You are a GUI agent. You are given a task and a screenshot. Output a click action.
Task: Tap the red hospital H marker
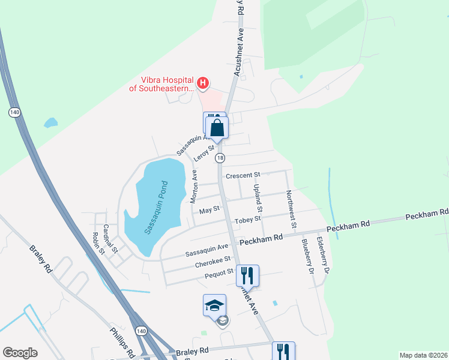pos(203,82)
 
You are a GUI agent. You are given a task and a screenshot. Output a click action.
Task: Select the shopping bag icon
pos(217,127)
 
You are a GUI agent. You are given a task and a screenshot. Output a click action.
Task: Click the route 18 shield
pos(221,158)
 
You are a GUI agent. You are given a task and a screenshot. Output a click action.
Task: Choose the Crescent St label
pos(242,175)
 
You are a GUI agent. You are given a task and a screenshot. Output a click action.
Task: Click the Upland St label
pos(258,199)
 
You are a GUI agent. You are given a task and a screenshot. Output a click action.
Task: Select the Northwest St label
pos(291,209)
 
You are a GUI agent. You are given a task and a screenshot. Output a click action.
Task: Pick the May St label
pos(208,209)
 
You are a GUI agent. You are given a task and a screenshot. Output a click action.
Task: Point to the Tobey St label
pos(247,220)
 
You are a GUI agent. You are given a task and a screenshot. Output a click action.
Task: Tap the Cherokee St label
pos(212,262)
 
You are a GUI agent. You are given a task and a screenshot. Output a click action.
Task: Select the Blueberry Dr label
pos(308,256)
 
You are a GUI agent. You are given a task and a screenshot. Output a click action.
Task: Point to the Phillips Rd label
pos(121,340)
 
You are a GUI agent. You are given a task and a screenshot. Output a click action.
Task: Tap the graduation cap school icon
pos(215,305)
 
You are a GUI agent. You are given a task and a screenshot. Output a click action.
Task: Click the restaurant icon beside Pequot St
pos(247,276)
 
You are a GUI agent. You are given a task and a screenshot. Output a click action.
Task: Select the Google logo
pos(20,353)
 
